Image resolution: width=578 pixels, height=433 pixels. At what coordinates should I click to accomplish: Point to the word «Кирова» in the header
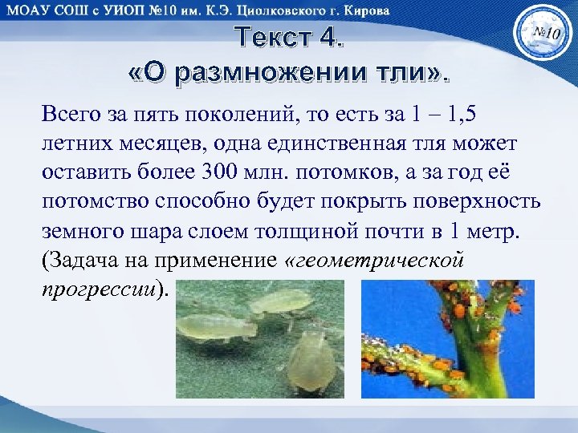click(366, 10)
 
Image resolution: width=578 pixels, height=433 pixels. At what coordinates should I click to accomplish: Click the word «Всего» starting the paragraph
click(73, 114)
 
